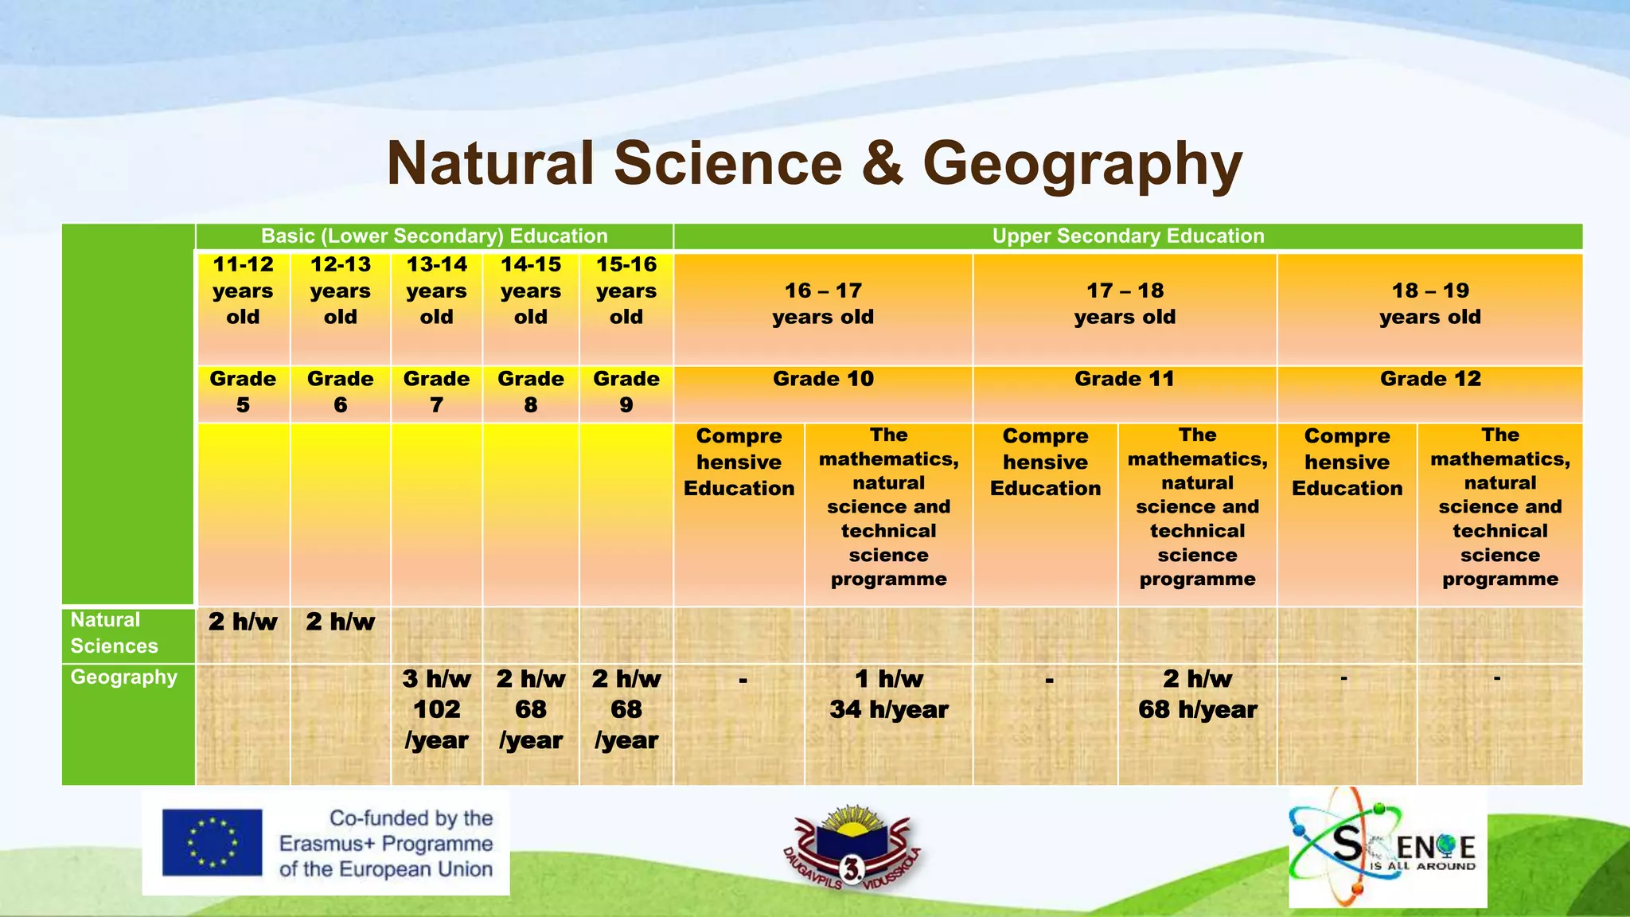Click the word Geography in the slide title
[x=1082, y=164]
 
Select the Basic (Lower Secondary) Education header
[x=434, y=236]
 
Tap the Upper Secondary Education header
[x=1128, y=236]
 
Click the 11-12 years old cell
[x=243, y=291]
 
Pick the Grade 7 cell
[x=436, y=392]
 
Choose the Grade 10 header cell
[x=823, y=380]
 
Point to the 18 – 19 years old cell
[x=1429, y=304]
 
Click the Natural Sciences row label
[x=114, y=634]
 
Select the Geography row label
[x=123, y=678]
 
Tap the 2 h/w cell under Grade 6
[x=340, y=622]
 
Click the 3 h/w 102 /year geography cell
[x=436, y=709]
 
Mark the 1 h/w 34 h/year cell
[x=888, y=694]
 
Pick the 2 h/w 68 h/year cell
[x=1197, y=694]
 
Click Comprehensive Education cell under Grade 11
[x=1045, y=462]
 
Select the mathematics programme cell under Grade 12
[x=1499, y=507]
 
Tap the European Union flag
[x=212, y=843]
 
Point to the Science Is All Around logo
[x=1386, y=849]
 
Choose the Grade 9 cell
[x=626, y=392]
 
